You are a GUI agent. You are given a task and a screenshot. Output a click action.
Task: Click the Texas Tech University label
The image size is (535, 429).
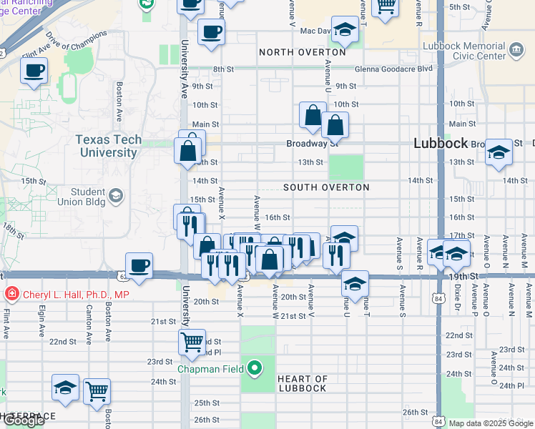109,146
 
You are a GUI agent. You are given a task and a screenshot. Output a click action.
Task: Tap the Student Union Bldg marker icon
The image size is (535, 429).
115,195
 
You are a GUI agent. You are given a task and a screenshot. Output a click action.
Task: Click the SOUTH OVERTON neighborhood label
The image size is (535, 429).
326,187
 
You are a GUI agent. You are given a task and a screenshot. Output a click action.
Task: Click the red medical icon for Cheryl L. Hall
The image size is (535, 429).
11,294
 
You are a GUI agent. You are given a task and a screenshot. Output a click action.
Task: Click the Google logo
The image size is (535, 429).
24,420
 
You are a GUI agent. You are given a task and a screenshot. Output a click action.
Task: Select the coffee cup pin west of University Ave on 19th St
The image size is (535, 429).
139,266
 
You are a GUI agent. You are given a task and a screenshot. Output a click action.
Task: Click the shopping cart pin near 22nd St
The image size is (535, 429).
192,342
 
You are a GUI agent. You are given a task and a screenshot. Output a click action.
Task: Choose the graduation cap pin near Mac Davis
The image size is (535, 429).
345,29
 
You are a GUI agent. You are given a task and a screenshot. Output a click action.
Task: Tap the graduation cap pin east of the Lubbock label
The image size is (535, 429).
499,152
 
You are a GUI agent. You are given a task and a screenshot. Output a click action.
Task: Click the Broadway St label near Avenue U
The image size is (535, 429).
312,144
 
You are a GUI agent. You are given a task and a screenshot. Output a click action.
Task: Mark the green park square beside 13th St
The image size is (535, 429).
345,167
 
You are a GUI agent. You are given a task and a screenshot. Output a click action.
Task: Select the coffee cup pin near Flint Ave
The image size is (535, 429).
34,71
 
